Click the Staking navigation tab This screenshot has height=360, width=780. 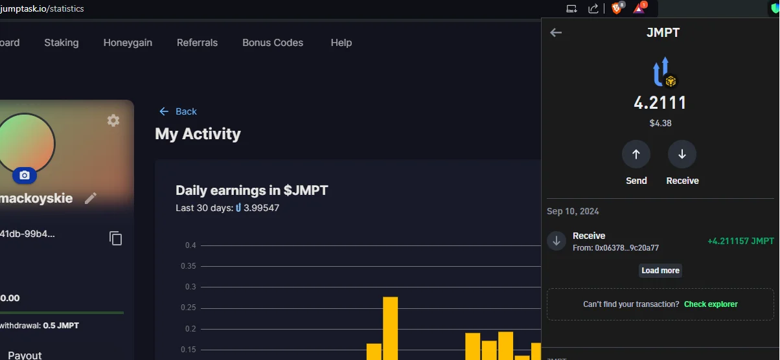(62, 43)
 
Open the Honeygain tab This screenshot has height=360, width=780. (128, 43)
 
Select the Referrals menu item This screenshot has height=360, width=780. (197, 43)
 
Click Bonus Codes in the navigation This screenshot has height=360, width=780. (273, 43)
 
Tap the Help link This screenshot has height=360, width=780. (341, 43)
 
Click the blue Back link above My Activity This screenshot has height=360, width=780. (178, 111)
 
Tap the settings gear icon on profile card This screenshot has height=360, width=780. (113, 121)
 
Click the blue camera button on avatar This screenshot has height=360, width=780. (25, 175)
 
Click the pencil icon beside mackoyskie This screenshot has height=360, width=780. (91, 198)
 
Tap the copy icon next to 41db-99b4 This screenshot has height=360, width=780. (115, 238)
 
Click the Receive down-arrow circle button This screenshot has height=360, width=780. (682, 154)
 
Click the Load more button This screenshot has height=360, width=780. (660, 271)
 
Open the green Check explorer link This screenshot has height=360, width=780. (711, 304)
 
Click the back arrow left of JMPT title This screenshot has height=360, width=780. (556, 33)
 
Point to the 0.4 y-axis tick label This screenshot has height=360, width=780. (190, 245)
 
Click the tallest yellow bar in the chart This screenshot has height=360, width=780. (391, 328)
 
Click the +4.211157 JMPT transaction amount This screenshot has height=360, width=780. (740, 242)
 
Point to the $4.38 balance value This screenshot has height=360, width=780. (660, 123)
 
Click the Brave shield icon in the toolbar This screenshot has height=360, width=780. (616, 8)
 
